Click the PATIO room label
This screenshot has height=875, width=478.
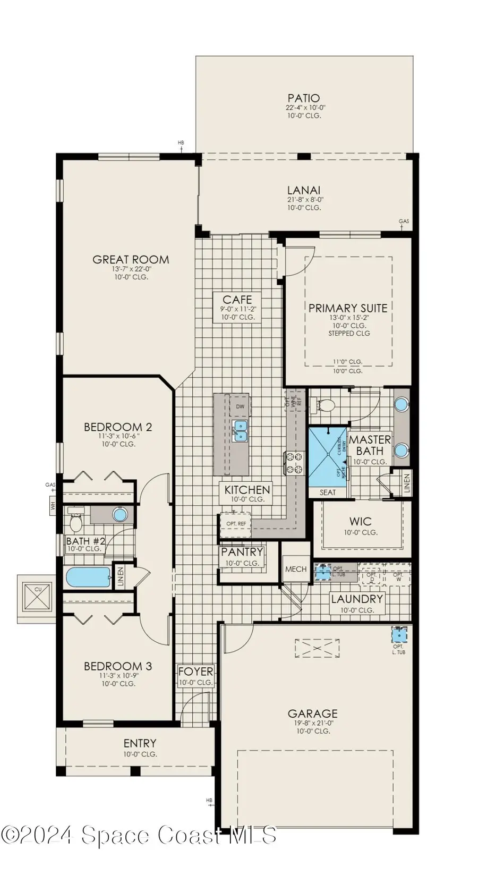point(304,98)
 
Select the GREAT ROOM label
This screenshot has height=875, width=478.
point(131,260)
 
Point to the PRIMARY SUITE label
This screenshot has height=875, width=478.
point(348,308)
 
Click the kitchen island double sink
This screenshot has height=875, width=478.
point(241,430)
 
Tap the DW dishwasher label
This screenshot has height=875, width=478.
point(240,407)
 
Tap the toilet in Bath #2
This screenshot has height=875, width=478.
point(76,523)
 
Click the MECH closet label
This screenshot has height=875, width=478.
point(296,569)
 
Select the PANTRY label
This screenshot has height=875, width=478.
point(242,552)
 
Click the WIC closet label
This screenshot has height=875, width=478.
point(360,522)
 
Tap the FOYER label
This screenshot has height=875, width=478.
point(195,672)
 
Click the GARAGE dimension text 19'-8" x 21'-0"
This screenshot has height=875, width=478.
point(313,723)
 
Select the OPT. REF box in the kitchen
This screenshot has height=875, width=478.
point(235,524)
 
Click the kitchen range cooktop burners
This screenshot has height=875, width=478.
point(294,462)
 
